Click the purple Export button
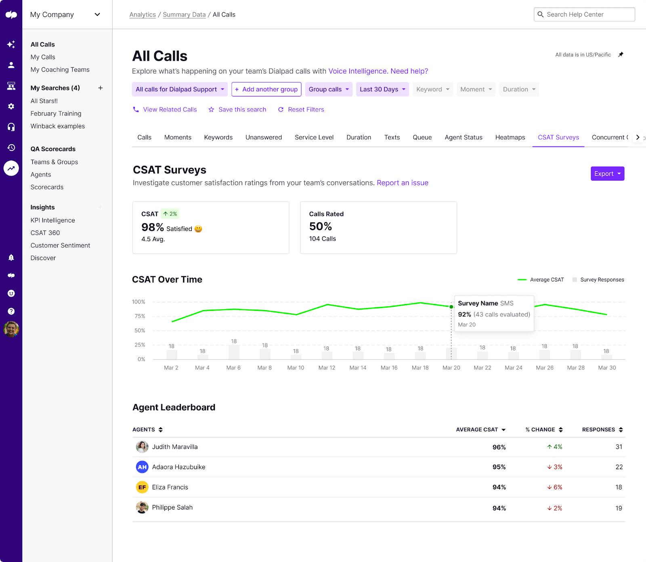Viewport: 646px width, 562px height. coord(607,174)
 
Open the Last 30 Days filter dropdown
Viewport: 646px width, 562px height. coord(382,89)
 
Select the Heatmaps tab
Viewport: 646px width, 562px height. coord(510,137)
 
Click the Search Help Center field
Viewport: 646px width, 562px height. coord(584,15)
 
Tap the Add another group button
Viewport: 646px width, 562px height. coord(266,89)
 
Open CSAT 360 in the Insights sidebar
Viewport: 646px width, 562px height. coord(45,233)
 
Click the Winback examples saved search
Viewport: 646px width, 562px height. coord(58,126)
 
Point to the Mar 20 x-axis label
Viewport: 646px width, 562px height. coord(451,368)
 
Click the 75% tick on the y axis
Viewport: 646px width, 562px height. coord(140,316)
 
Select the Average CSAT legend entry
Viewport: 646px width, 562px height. coord(541,280)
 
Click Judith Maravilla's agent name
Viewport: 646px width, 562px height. coord(175,447)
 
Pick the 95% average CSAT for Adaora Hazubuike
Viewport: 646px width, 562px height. coord(499,467)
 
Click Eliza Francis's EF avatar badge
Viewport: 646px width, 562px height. coord(142,487)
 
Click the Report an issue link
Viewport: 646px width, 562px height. coord(402,183)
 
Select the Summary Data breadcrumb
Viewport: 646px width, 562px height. coord(184,15)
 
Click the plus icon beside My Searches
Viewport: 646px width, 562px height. coord(100,88)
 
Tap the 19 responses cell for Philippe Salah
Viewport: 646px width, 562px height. coord(619,508)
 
